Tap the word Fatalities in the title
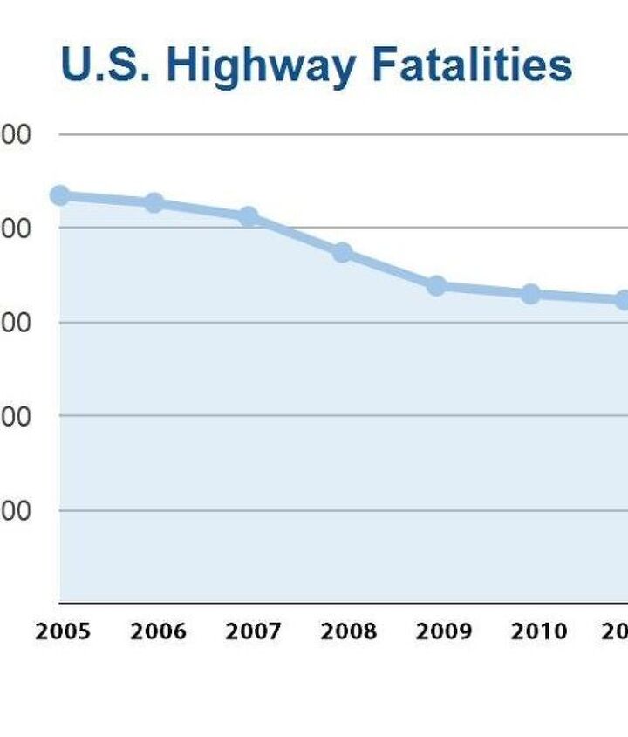[x=472, y=65]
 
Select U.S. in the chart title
[x=106, y=65]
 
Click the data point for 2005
[x=59, y=194]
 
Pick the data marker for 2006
[x=154, y=203]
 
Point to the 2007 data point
[x=249, y=216]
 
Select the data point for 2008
[x=343, y=253]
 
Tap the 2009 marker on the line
[x=437, y=286]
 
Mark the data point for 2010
[x=530, y=294]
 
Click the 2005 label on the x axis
[x=63, y=631]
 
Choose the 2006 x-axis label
[x=158, y=631]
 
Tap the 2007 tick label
[x=253, y=631]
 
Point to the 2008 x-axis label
[x=348, y=631]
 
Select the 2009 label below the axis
[x=443, y=631]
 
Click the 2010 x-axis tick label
[x=538, y=631]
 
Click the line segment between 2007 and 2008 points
[x=296, y=235]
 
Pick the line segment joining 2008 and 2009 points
[x=390, y=270]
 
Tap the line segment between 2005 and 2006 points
[x=106, y=199]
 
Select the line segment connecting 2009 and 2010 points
[x=484, y=290]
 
